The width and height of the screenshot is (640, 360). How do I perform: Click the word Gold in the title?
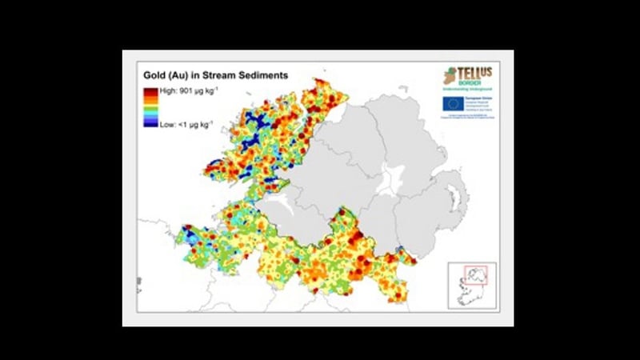click(156, 76)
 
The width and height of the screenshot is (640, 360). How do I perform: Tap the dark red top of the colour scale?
click(150, 93)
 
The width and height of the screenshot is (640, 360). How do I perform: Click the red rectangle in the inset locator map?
click(482, 275)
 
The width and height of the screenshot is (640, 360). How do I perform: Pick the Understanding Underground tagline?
click(474, 89)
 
